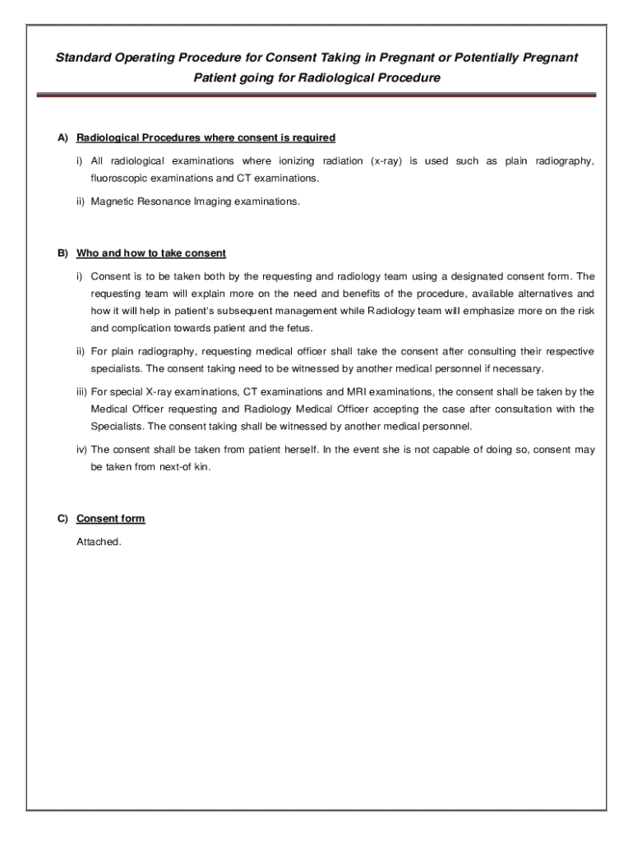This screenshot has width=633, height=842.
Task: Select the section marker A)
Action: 62,137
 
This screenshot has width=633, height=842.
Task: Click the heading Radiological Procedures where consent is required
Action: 206,137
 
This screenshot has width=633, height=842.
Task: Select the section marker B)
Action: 62,253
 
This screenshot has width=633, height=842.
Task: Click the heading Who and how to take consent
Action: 151,253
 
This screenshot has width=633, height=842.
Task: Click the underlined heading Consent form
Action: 110,519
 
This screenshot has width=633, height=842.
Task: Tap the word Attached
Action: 99,542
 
